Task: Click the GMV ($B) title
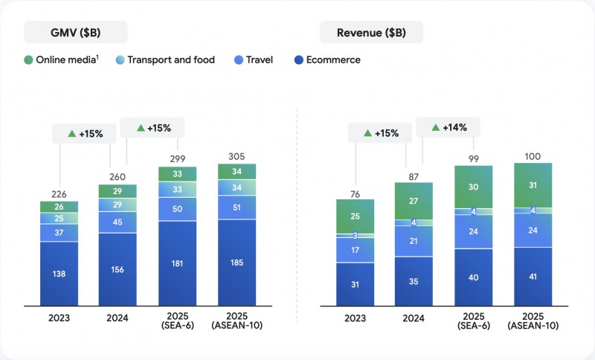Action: point(75,32)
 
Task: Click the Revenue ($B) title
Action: point(371,32)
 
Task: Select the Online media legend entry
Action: point(66,60)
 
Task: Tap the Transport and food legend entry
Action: point(164,60)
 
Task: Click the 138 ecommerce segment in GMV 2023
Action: point(59,274)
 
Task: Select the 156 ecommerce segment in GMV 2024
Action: point(118,269)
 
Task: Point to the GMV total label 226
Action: point(59,193)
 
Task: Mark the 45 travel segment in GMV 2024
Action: point(118,221)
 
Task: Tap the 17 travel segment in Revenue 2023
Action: point(355,250)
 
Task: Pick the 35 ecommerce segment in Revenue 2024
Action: point(414,281)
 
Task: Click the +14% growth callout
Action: point(448,127)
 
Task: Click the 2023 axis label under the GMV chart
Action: point(59,318)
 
